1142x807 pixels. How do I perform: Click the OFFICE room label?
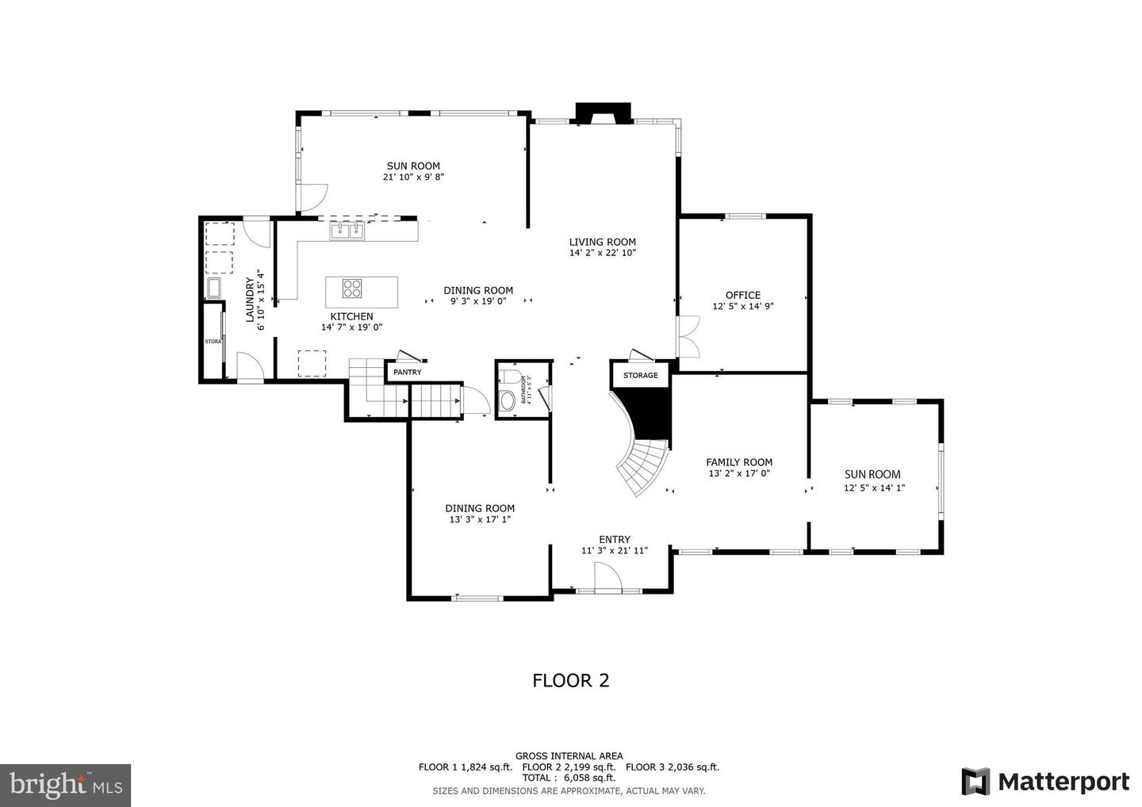pos(742,295)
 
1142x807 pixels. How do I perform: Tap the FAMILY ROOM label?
pos(739,462)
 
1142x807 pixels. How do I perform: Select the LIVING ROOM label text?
pos(602,242)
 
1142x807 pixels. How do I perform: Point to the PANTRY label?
pos(408,372)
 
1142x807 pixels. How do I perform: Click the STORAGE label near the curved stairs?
pos(640,375)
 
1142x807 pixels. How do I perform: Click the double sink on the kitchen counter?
pos(347,231)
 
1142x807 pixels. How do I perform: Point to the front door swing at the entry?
pos(608,576)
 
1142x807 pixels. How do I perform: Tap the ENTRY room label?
pos(615,539)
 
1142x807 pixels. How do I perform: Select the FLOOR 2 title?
pos(570,680)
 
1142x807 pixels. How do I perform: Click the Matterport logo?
pos(1045,782)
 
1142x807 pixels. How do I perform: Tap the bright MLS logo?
pos(65,785)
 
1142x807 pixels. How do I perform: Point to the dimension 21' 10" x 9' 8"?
pos(413,178)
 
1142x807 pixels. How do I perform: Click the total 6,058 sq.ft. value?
pos(589,778)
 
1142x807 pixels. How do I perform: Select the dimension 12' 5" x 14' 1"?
pos(874,488)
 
